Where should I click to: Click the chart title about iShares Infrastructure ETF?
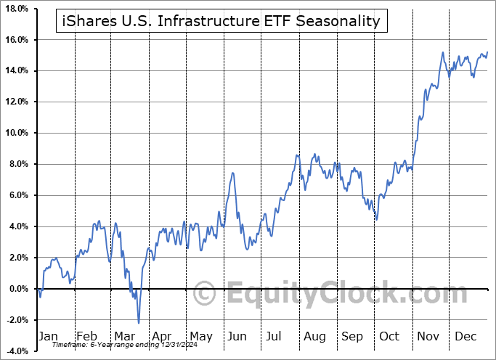tap(221, 21)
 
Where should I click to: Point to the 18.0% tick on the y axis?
tap(15, 9)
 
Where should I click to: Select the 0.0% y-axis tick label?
tap(17, 289)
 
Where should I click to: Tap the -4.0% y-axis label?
tap(16, 351)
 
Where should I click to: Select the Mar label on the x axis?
tap(124, 337)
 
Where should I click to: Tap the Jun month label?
tap(237, 337)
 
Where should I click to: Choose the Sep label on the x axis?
tap(352, 337)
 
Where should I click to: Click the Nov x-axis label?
tap(429, 337)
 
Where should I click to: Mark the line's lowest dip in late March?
tap(138, 322)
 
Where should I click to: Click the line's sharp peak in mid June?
tap(233, 173)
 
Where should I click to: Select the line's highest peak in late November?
tap(442, 52)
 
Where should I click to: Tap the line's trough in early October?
tap(376, 218)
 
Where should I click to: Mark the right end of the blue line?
tap(487, 52)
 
